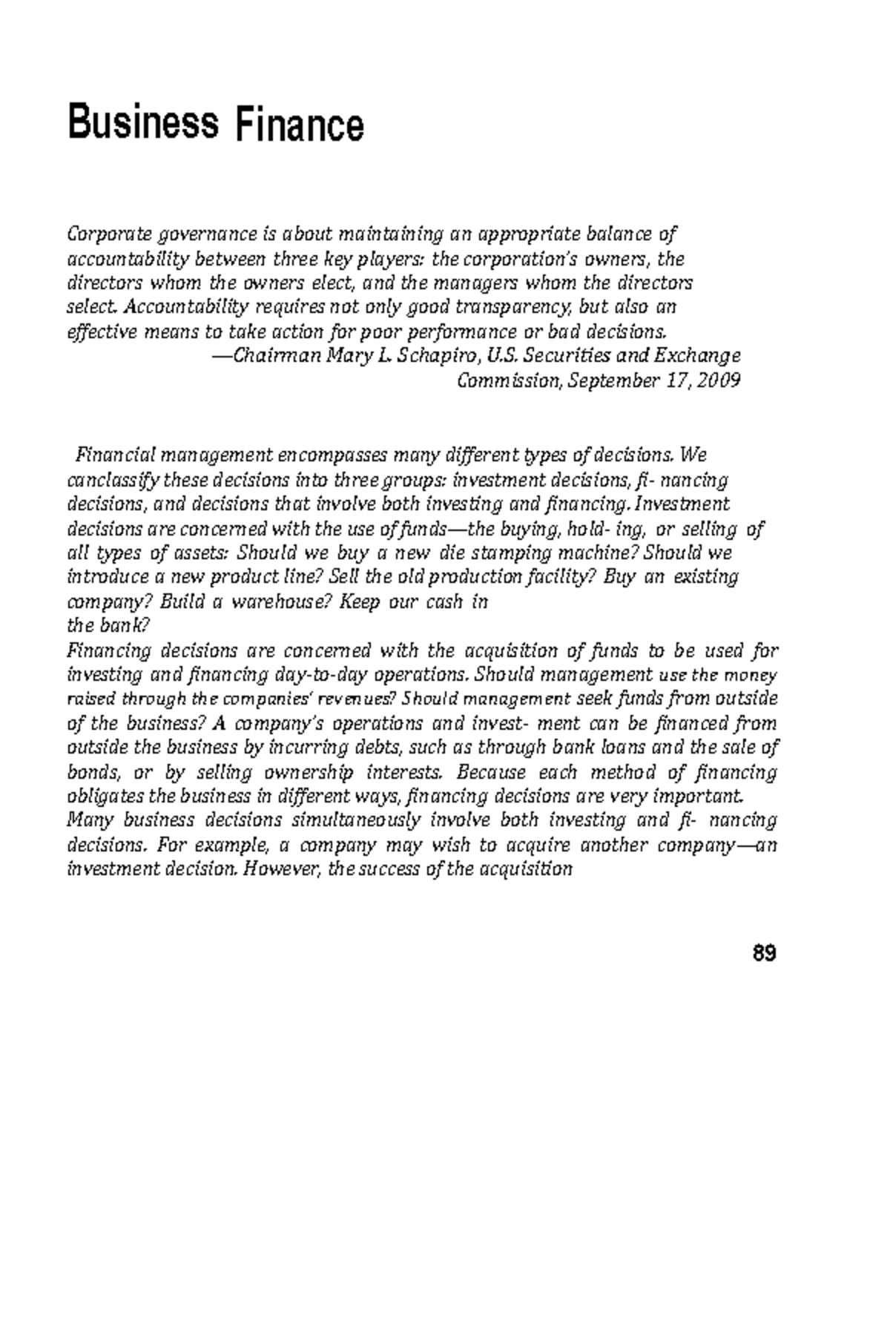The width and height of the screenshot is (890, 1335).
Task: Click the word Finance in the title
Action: click(300, 124)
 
